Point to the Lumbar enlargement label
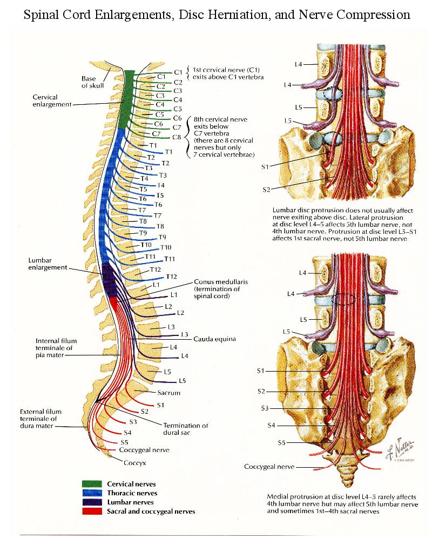click(x=48, y=264)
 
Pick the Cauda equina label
click(x=214, y=339)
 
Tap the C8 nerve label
click(x=177, y=137)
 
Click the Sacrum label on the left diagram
click(x=168, y=393)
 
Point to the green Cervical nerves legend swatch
click(x=92, y=484)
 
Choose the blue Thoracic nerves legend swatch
click(x=92, y=493)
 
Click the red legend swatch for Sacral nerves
click(x=92, y=510)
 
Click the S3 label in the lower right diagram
click(x=265, y=408)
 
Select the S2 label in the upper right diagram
click(x=266, y=190)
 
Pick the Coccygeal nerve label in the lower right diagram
click(x=269, y=466)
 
